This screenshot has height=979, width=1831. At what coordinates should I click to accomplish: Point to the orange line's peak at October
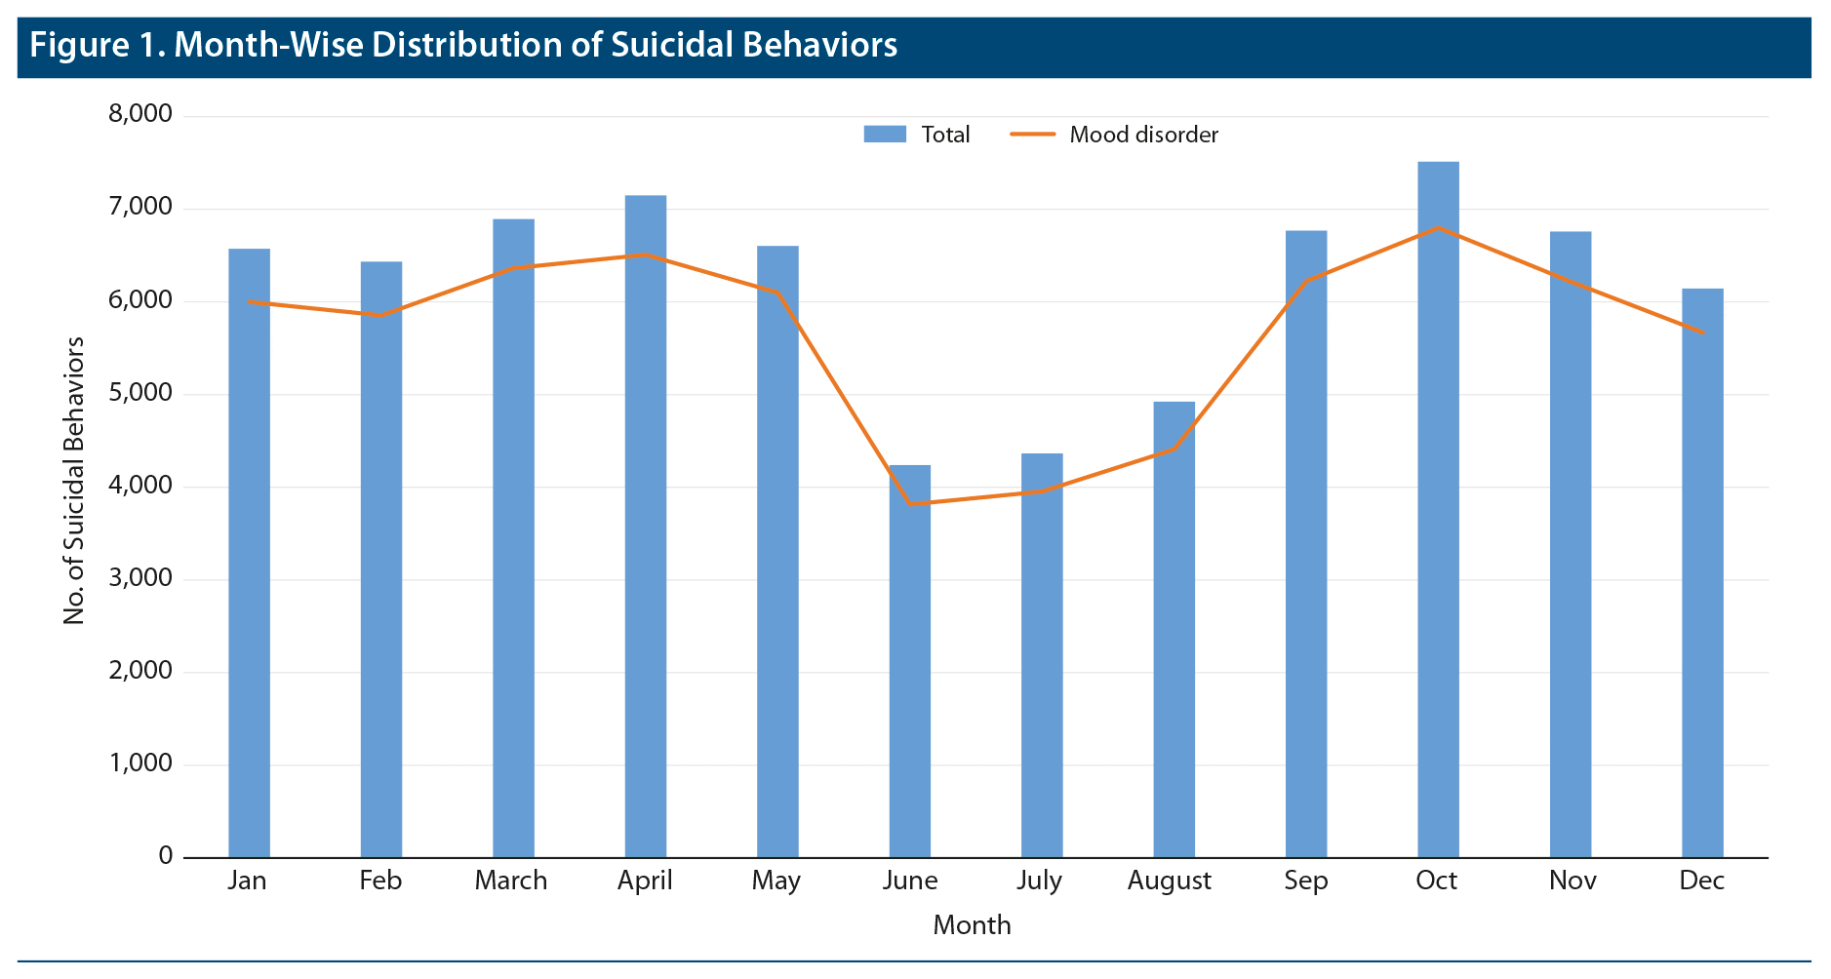[1438, 228]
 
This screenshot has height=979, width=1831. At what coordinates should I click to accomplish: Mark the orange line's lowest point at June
[910, 504]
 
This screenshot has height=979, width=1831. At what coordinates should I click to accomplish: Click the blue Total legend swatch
[885, 135]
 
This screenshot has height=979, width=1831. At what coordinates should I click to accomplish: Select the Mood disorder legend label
[1143, 135]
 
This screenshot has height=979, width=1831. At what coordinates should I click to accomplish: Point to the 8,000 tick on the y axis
[140, 115]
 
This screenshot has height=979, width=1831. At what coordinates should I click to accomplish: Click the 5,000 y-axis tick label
[140, 394]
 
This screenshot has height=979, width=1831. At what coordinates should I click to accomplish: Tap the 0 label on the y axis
[165, 856]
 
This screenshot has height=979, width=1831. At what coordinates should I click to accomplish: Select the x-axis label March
[511, 881]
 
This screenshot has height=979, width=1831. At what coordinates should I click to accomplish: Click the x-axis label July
[1039, 881]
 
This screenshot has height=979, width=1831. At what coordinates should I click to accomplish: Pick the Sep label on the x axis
[1305, 881]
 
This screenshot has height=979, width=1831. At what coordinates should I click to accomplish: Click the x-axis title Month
[972, 924]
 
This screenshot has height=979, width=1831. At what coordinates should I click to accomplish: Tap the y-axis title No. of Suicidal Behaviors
[74, 481]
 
